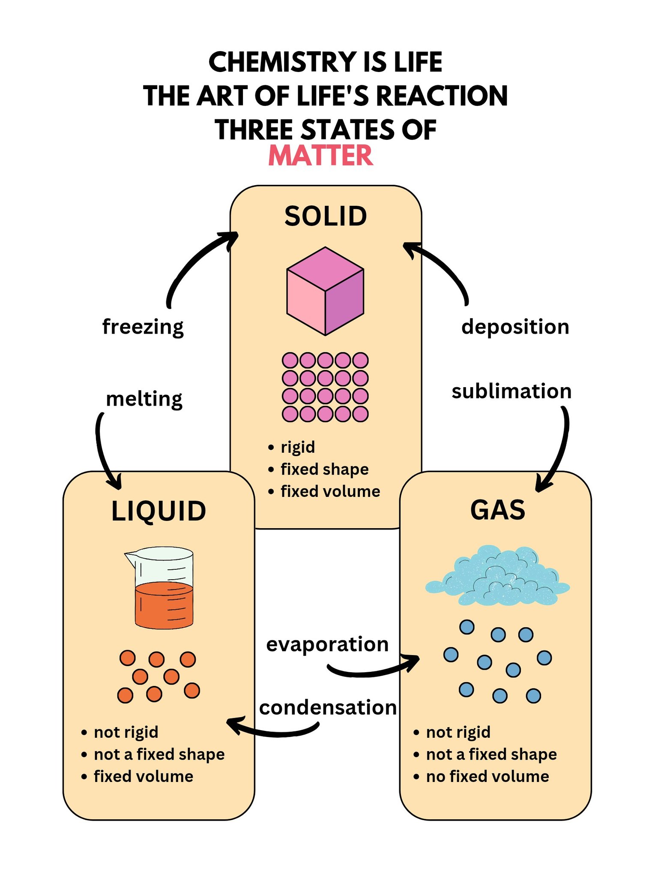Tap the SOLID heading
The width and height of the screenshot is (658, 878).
click(x=326, y=216)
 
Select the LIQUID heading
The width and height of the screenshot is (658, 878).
click(x=159, y=511)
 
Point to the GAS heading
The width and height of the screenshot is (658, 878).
click(x=498, y=510)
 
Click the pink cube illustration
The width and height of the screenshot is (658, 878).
click(x=325, y=291)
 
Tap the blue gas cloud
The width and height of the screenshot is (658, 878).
click(x=497, y=576)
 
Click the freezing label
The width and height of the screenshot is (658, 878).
click(x=143, y=327)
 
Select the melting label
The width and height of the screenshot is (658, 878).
click(x=144, y=399)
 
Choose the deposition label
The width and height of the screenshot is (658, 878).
click(x=515, y=327)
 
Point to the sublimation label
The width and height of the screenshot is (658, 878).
click(x=511, y=391)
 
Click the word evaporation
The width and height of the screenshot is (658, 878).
click(x=327, y=645)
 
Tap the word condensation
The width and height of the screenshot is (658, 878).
click(x=328, y=708)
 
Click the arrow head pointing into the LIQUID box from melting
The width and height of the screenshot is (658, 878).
click(x=115, y=482)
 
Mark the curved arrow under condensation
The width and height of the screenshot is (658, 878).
click(x=274, y=734)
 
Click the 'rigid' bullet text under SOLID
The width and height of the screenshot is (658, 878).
click(x=298, y=448)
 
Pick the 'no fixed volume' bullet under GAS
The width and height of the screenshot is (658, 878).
click(x=488, y=776)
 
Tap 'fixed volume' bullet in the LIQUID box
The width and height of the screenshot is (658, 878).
click(x=144, y=776)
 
